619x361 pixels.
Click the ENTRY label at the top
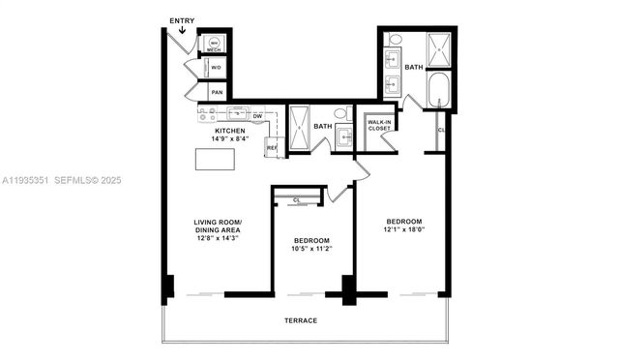(181, 20)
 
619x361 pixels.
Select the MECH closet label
(214, 45)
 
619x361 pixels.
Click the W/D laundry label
(217, 68)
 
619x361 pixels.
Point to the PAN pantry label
(217, 93)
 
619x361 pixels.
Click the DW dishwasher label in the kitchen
(257, 116)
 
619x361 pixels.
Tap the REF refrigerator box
(272, 147)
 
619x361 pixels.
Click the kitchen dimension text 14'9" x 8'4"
(231, 138)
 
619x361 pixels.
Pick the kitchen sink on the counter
(236, 113)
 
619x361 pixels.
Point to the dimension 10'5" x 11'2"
(312, 248)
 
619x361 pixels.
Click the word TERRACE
(301, 320)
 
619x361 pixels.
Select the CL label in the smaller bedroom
(296, 199)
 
